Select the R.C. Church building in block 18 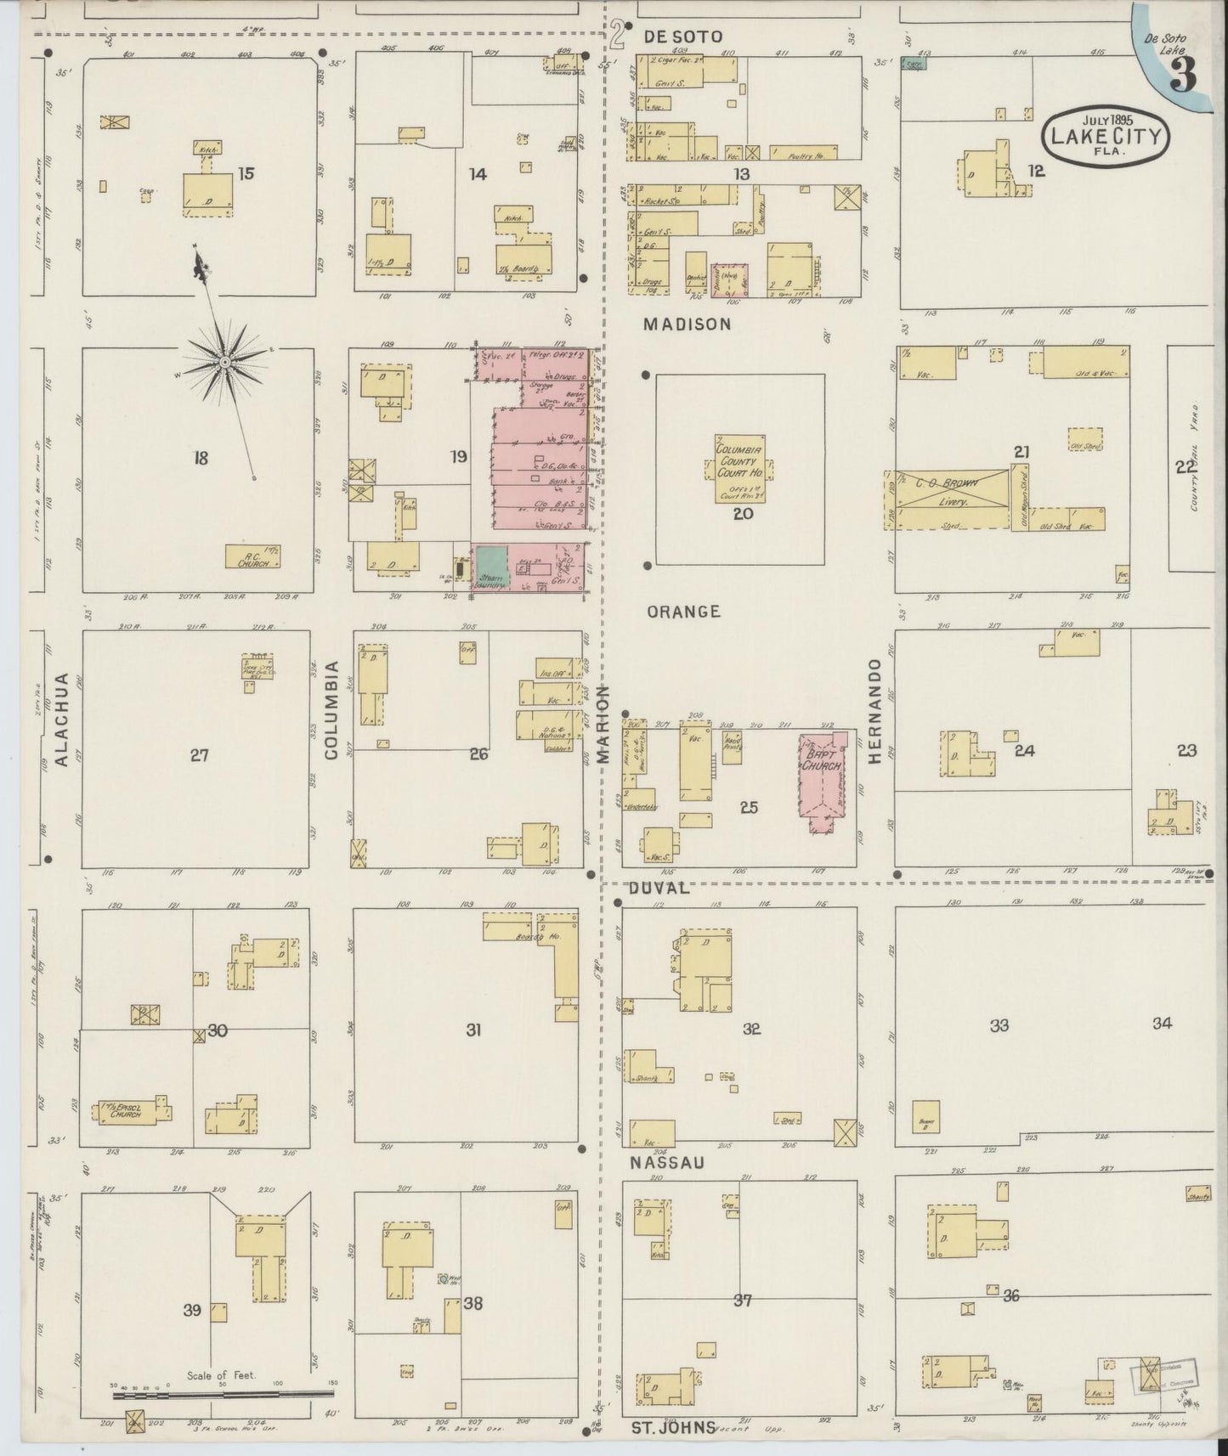(252, 556)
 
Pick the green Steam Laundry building (491, 562)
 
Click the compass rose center (224, 363)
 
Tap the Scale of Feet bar (223, 1395)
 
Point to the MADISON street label (687, 324)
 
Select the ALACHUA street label (61, 720)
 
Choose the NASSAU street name (668, 1163)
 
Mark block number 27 (199, 754)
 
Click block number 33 (999, 1025)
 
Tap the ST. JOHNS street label (673, 1427)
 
